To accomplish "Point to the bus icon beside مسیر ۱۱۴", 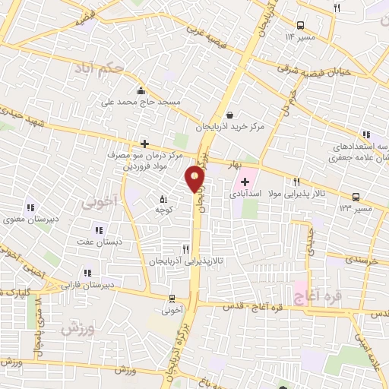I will coord(302,25).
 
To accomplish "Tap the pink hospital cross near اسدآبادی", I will coord(245,181).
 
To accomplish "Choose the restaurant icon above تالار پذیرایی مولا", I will coord(297,182).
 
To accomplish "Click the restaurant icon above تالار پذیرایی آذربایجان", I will coord(185,248).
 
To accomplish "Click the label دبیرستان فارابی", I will coord(90,286).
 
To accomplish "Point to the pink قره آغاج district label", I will coord(316,291).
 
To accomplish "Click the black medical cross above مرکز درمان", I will coord(144,143).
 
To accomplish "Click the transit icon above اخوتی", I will coord(172,298).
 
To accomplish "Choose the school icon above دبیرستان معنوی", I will coord(31,207).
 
